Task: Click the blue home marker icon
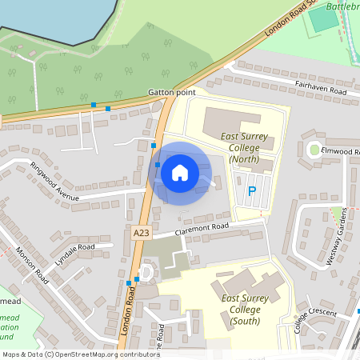point(180,172)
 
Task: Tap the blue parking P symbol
point(252,191)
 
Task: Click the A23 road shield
point(142,232)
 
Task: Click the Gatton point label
point(171,93)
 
